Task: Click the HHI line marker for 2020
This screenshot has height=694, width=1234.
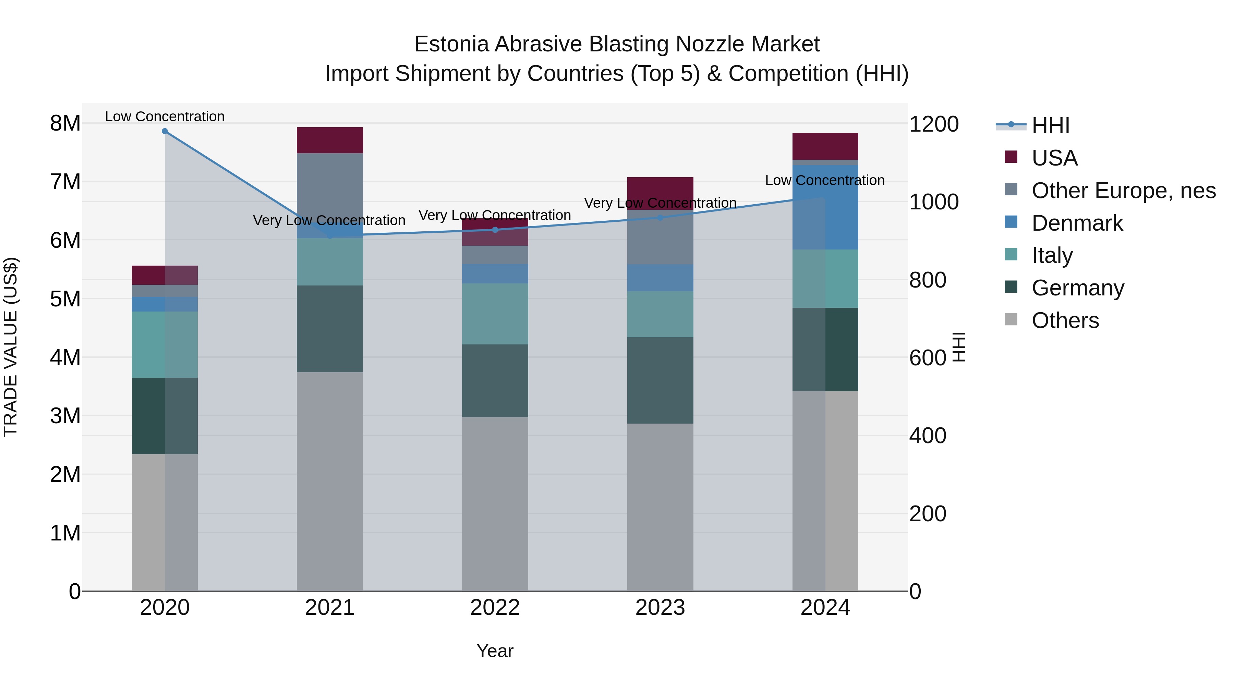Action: click(165, 131)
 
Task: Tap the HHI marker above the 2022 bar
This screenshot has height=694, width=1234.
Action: click(495, 230)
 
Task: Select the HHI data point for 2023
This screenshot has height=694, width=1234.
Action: click(660, 217)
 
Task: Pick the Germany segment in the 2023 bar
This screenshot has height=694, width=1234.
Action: click(660, 380)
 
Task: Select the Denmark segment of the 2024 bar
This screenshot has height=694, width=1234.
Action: click(825, 207)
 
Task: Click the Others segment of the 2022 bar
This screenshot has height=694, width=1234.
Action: click(495, 504)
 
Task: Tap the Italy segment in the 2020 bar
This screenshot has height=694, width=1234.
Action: click(165, 345)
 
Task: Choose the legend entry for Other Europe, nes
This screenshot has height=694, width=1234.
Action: click(1123, 191)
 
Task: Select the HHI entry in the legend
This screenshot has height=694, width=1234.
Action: click(1050, 125)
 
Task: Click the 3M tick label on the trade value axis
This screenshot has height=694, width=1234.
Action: click(65, 416)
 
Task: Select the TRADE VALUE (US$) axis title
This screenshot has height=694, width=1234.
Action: click(11, 347)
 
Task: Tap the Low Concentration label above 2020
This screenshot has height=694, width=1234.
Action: click(165, 117)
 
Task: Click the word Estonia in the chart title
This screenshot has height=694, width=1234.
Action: click(451, 44)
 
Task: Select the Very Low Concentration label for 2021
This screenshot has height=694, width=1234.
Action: click(329, 221)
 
